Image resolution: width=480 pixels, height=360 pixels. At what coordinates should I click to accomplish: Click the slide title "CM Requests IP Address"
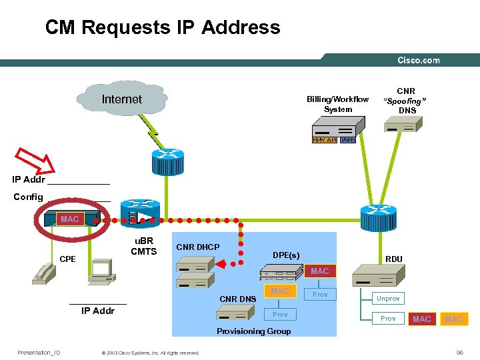[163, 27]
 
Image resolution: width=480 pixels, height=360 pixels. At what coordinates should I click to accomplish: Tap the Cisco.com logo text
[418, 60]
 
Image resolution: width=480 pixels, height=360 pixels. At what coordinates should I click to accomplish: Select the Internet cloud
[121, 99]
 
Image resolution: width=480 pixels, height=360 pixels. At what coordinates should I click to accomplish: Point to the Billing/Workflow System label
[337, 104]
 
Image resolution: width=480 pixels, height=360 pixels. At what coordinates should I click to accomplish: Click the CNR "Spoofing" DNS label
[405, 101]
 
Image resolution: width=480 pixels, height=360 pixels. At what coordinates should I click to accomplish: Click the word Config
[28, 197]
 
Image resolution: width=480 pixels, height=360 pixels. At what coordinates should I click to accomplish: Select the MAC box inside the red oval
[69, 219]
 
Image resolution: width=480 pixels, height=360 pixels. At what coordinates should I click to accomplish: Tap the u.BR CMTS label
[143, 246]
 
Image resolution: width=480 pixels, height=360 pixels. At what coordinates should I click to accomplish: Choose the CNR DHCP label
[197, 247]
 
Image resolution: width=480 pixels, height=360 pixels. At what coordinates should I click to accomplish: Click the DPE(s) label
[286, 255]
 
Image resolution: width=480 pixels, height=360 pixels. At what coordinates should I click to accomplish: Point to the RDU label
[393, 259]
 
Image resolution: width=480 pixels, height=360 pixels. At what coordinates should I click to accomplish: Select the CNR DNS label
[238, 299]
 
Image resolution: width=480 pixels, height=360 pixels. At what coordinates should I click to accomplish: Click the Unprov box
[388, 299]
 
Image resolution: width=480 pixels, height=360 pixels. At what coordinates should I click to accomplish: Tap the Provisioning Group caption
[254, 331]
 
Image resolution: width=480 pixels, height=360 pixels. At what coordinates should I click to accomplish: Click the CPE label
[68, 259]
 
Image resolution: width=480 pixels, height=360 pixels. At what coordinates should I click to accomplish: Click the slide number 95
[459, 353]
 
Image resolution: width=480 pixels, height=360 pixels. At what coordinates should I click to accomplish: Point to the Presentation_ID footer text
[39, 353]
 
